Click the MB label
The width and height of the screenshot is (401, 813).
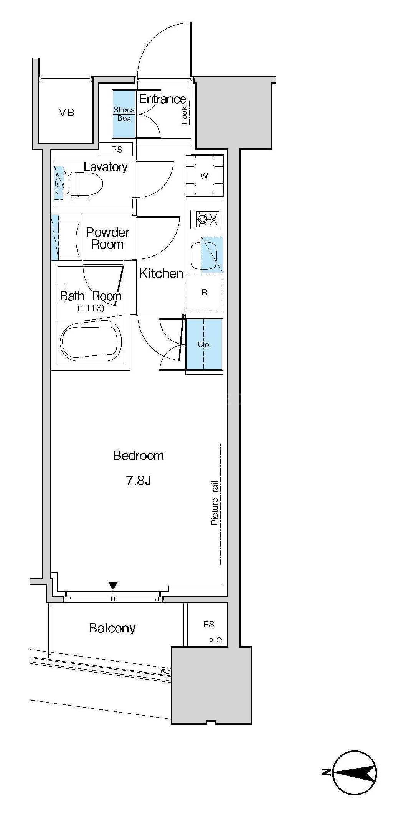66,113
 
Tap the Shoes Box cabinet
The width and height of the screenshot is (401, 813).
124,114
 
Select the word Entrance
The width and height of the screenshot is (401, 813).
162,99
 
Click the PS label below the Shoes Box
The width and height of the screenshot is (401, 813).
117,150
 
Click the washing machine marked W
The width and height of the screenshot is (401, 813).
204,175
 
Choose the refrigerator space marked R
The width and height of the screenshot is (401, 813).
204,292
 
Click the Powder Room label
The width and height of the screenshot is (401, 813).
107,238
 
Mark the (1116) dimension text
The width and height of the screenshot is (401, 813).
91,308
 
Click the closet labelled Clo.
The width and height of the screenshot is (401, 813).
204,344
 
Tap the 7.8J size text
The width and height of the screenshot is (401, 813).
139,480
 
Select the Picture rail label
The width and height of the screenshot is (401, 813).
215,503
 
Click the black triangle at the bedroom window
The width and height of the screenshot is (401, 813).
113,586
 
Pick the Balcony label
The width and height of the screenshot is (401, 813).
112,628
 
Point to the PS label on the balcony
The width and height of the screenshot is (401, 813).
208,624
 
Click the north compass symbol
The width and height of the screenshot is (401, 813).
355,772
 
